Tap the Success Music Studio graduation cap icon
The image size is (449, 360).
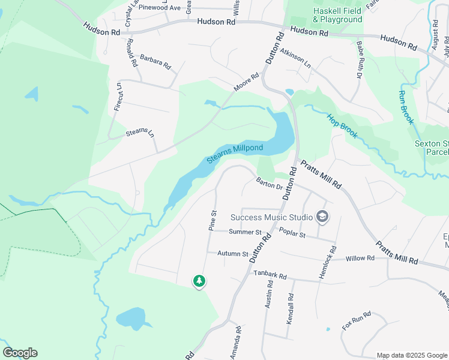[322, 217]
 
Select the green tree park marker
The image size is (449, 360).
[199, 281]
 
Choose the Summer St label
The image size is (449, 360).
[245, 232]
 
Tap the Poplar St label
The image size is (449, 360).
[293, 235]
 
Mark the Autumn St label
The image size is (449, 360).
[233, 254]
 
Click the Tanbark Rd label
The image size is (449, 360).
[270, 275]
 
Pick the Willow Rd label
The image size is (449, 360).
[360, 258]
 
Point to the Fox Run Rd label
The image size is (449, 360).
[357, 321]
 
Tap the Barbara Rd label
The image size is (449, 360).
[155, 62]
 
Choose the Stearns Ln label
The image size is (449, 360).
[140, 133]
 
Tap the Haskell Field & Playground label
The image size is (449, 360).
[337, 16]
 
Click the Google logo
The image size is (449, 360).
[20, 353]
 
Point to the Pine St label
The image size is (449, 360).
[212, 221]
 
